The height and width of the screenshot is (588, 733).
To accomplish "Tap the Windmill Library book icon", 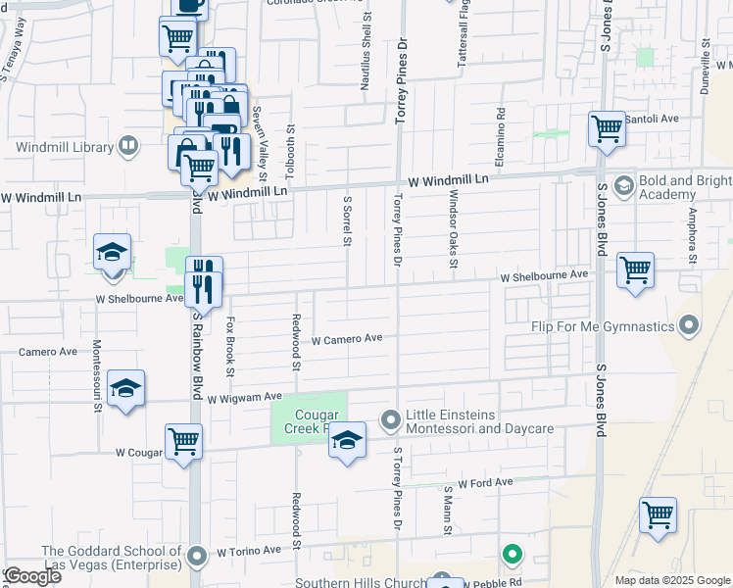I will (127, 148).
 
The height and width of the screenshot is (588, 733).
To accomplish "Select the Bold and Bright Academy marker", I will (623, 185).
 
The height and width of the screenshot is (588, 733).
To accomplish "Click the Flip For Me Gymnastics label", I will (604, 326).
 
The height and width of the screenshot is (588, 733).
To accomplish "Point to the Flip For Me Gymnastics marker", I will (690, 325).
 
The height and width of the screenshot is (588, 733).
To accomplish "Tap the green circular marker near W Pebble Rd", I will (512, 556).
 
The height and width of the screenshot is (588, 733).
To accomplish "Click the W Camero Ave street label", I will (347, 340).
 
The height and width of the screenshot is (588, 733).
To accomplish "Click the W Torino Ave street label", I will (249, 552).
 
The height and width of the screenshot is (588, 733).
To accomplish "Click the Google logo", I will (32, 575).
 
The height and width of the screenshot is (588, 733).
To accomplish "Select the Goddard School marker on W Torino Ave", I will (198, 558).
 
